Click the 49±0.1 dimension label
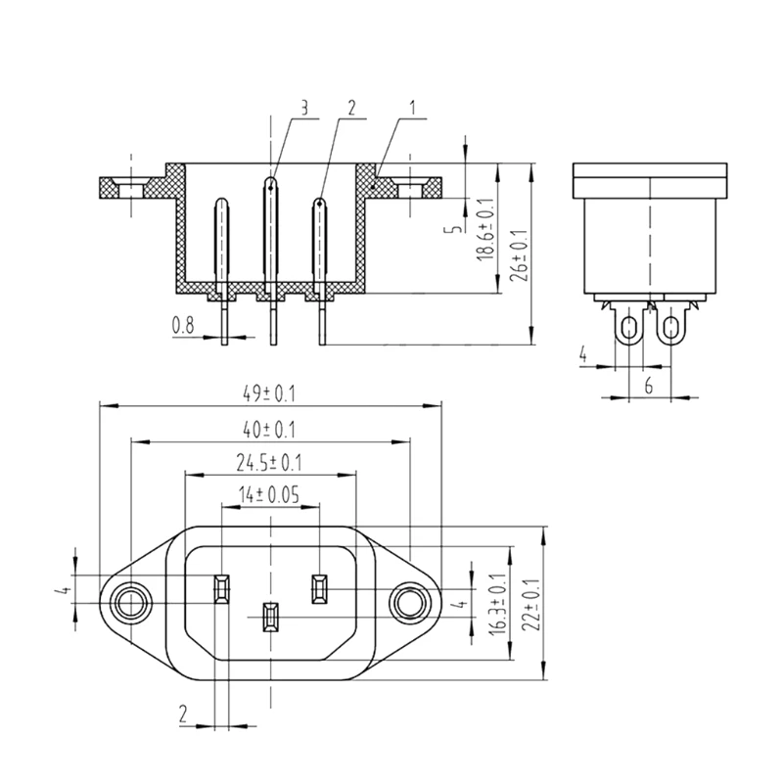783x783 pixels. (269, 394)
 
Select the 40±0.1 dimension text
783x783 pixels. (269, 430)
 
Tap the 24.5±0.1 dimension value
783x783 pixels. (269, 462)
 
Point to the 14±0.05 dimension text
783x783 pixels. (270, 495)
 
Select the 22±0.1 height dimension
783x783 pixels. (533, 606)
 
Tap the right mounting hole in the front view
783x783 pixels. (408, 603)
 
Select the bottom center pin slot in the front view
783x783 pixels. (269, 618)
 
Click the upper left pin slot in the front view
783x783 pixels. (221, 589)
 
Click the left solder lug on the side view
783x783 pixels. (626, 326)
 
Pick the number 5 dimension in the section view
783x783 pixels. (449, 227)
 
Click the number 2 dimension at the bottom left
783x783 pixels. (183, 714)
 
